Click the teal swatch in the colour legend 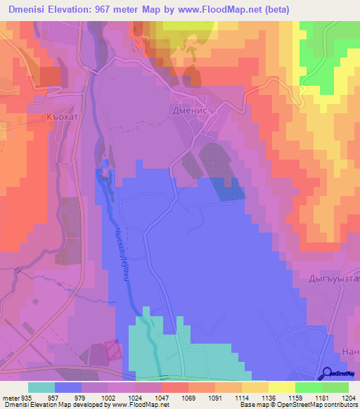pyautogui.click(x=41, y=387)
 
